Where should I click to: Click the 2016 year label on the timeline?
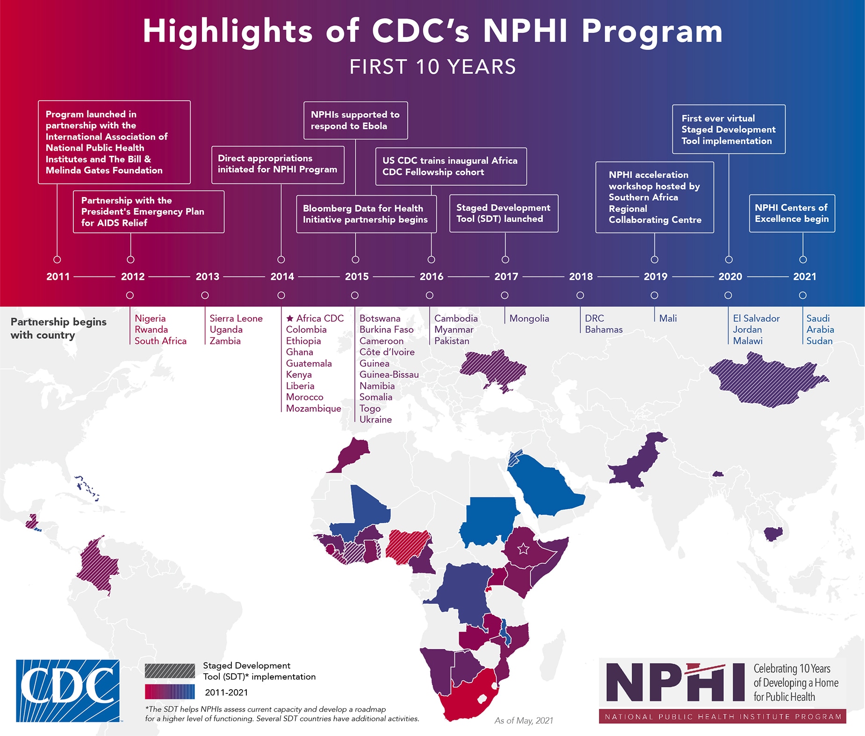coord(431,277)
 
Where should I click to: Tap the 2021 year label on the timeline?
coord(804,277)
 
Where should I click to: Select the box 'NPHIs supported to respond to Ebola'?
coord(355,120)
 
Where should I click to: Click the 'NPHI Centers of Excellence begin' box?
coord(792,213)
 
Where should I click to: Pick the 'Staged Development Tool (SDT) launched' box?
coord(504,213)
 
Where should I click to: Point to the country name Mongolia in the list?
coord(529,319)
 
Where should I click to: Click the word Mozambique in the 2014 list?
coord(313,408)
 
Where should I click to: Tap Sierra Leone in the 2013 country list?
coord(236,319)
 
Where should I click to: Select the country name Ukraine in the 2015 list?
coord(375,420)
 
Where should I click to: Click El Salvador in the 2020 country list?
coord(756,319)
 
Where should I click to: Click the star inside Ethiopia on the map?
coord(523,548)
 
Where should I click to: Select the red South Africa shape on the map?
coord(468,697)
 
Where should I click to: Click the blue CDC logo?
coord(68,691)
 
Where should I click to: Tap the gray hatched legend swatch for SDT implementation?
coord(170,670)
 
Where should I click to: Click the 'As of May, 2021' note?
coord(523,721)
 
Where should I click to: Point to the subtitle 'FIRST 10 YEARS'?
coord(432,67)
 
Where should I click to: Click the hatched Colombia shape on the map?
coord(97,566)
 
